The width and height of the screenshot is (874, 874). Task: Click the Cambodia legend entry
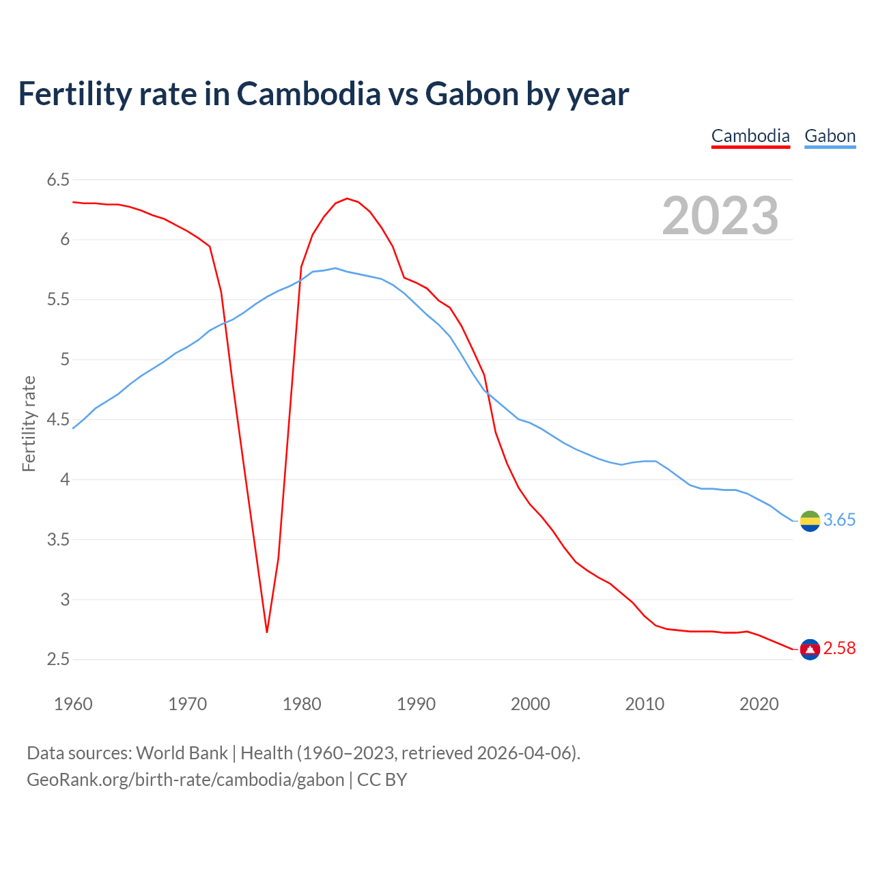click(x=750, y=136)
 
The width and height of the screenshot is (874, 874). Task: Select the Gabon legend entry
click(x=830, y=136)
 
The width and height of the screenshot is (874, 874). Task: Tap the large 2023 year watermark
click(x=720, y=216)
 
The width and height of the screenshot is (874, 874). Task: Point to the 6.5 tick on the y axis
click(x=58, y=180)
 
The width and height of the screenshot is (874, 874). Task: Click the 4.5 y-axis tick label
click(x=58, y=419)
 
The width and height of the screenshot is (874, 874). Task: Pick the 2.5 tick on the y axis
click(x=58, y=660)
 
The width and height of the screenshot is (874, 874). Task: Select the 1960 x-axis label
click(x=73, y=704)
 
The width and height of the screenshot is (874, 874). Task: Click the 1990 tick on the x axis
click(x=416, y=704)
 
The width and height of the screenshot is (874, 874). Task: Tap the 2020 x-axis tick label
click(x=759, y=704)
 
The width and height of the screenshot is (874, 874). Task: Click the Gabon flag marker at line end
click(x=810, y=521)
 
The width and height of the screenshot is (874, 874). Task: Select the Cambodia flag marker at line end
click(x=810, y=649)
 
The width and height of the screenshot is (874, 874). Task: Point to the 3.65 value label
click(x=839, y=520)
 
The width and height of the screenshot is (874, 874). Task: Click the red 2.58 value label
click(x=839, y=649)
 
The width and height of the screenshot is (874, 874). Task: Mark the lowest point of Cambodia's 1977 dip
click(x=267, y=632)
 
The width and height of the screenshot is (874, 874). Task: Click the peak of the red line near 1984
click(x=347, y=199)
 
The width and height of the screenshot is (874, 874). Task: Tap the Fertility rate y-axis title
click(x=29, y=423)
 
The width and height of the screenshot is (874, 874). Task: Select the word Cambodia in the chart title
click(x=309, y=94)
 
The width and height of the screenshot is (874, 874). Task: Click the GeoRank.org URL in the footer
click(x=185, y=780)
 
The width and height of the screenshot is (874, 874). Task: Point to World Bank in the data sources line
click(x=182, y=753)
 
